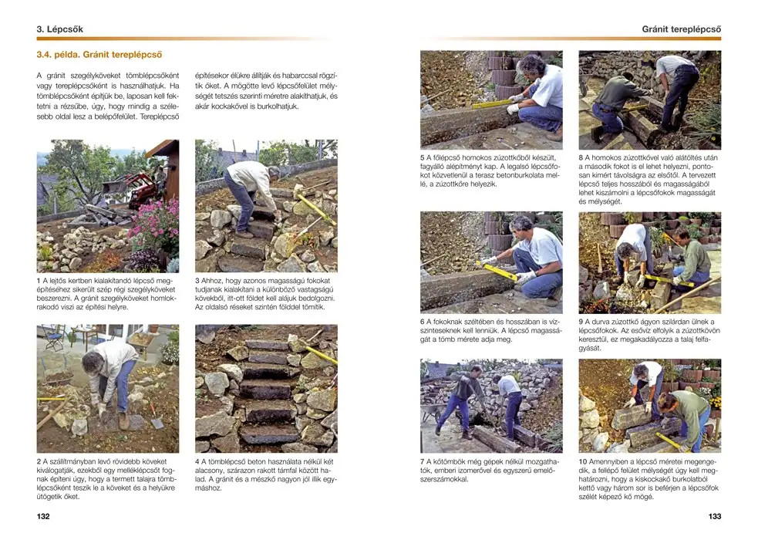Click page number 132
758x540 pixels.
(43, 516)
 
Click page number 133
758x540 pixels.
(714, 516)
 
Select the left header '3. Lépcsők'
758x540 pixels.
(59, 29)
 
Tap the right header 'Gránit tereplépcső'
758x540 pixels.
(681, 29)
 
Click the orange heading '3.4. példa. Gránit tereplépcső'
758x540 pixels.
(99, 55)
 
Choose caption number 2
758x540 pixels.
(39, 461)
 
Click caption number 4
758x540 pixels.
(198, 461)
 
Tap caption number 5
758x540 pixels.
(423, 157)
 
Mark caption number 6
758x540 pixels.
(423, 320)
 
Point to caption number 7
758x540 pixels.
(423, 461)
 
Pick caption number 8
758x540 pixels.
(581, 157)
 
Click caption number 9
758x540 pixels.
(581, 320)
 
